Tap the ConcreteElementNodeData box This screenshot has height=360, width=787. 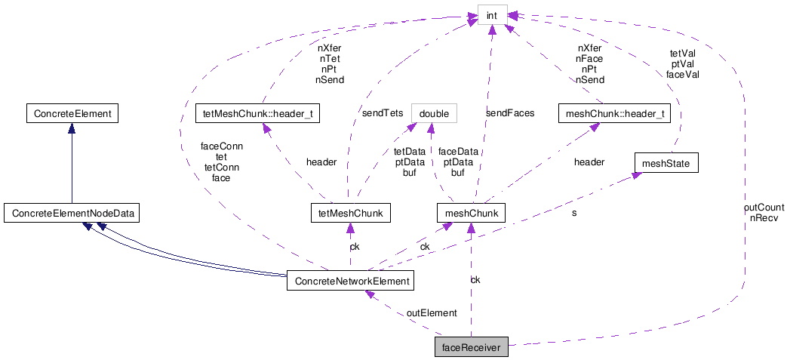tap(72, 214)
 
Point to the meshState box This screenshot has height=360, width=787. tap(666, 162)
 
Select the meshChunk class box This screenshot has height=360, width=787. tap(470, 214)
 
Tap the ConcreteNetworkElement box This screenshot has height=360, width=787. tap(349, 282)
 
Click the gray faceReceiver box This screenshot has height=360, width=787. tap(471, 347)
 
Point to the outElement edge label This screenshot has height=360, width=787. tap(432, 312)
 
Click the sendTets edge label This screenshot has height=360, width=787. tap(382, 113)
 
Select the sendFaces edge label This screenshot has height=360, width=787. tap(509, 113)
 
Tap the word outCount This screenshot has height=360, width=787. tap(764, 208)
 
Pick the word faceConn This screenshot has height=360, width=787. tap(221, 146)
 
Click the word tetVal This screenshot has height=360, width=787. tap(683, 54)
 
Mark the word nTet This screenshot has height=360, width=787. tap(330, 57)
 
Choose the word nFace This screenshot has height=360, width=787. tap(590, 57)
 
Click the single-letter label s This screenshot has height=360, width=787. tap(574, 214)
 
